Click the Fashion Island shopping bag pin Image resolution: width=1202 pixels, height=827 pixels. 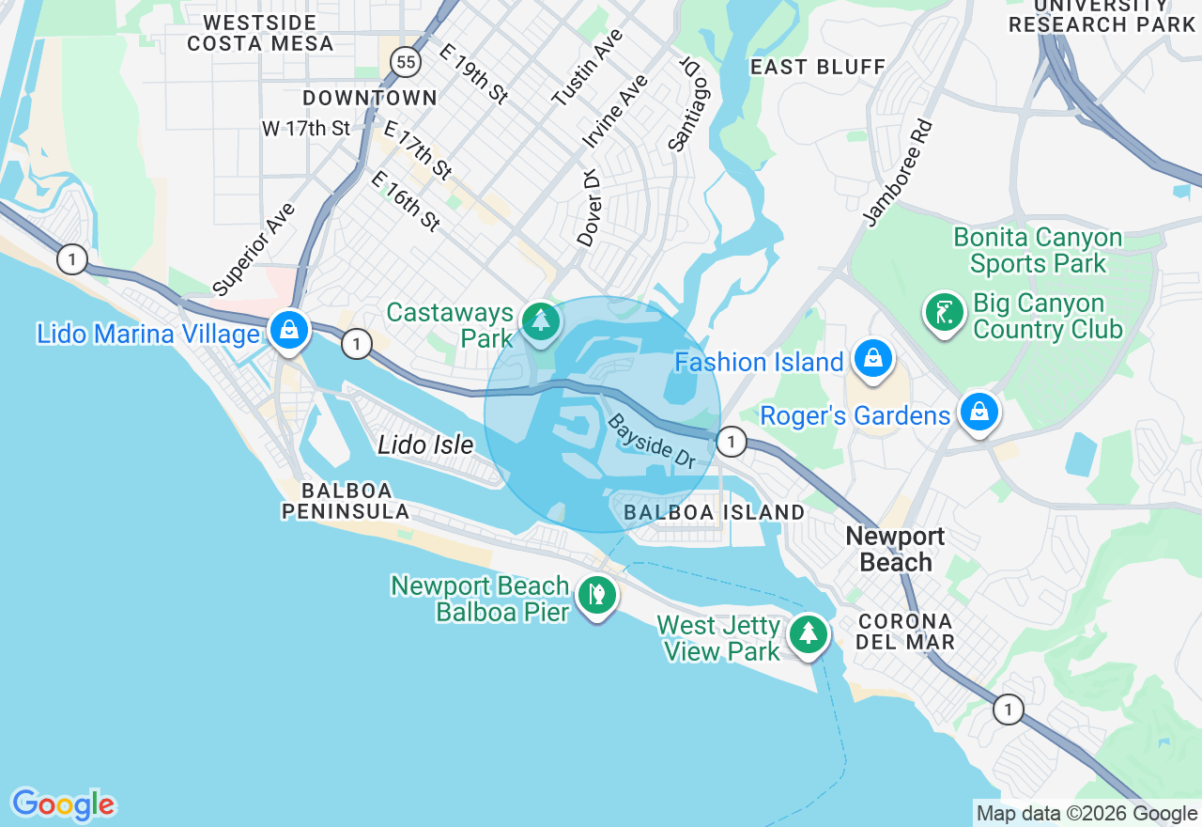(873, 359)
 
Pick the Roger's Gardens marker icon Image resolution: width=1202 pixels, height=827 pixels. (979, 413)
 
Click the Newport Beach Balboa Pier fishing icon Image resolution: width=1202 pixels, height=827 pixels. (596, 595)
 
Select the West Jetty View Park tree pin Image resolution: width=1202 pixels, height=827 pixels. (808, 634)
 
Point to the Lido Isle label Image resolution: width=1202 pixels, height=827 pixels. (425, 445)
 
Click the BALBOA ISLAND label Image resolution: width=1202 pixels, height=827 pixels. (715, 512)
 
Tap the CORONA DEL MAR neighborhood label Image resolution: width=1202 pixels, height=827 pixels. (905, 632)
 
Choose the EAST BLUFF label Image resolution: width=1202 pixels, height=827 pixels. (818, 67)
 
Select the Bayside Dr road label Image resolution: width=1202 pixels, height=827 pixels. (652, 442)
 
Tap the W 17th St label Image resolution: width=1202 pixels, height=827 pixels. (306, 128)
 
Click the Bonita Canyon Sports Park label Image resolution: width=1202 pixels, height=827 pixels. (1038, 251)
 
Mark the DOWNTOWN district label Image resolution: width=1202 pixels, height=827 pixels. (370, 98)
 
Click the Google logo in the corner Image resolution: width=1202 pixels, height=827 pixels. (63, 804)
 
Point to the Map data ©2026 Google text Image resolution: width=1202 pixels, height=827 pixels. (1086, 814)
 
